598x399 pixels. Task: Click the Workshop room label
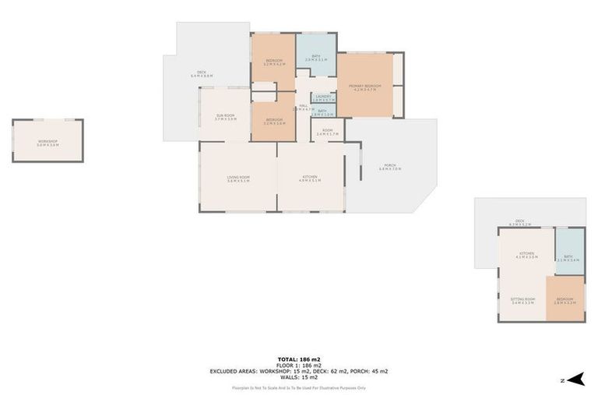(47, 142)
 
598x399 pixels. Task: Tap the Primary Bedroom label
(364, 87)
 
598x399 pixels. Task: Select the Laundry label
(323, 97)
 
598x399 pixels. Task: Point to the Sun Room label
(226, 117)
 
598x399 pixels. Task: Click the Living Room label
(238, 179)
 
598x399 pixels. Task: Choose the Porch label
(390, 166)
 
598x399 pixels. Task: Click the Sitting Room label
(522, 300)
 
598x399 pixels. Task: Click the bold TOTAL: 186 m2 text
(298, 359)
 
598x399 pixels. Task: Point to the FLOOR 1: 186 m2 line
(298, 365)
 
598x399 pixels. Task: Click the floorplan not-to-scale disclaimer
(298, 387)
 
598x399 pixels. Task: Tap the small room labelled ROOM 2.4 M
(328, 132)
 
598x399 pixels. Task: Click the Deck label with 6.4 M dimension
(202, 74)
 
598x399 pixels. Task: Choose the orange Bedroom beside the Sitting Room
(565, 301)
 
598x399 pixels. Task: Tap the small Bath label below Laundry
(322, 112)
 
